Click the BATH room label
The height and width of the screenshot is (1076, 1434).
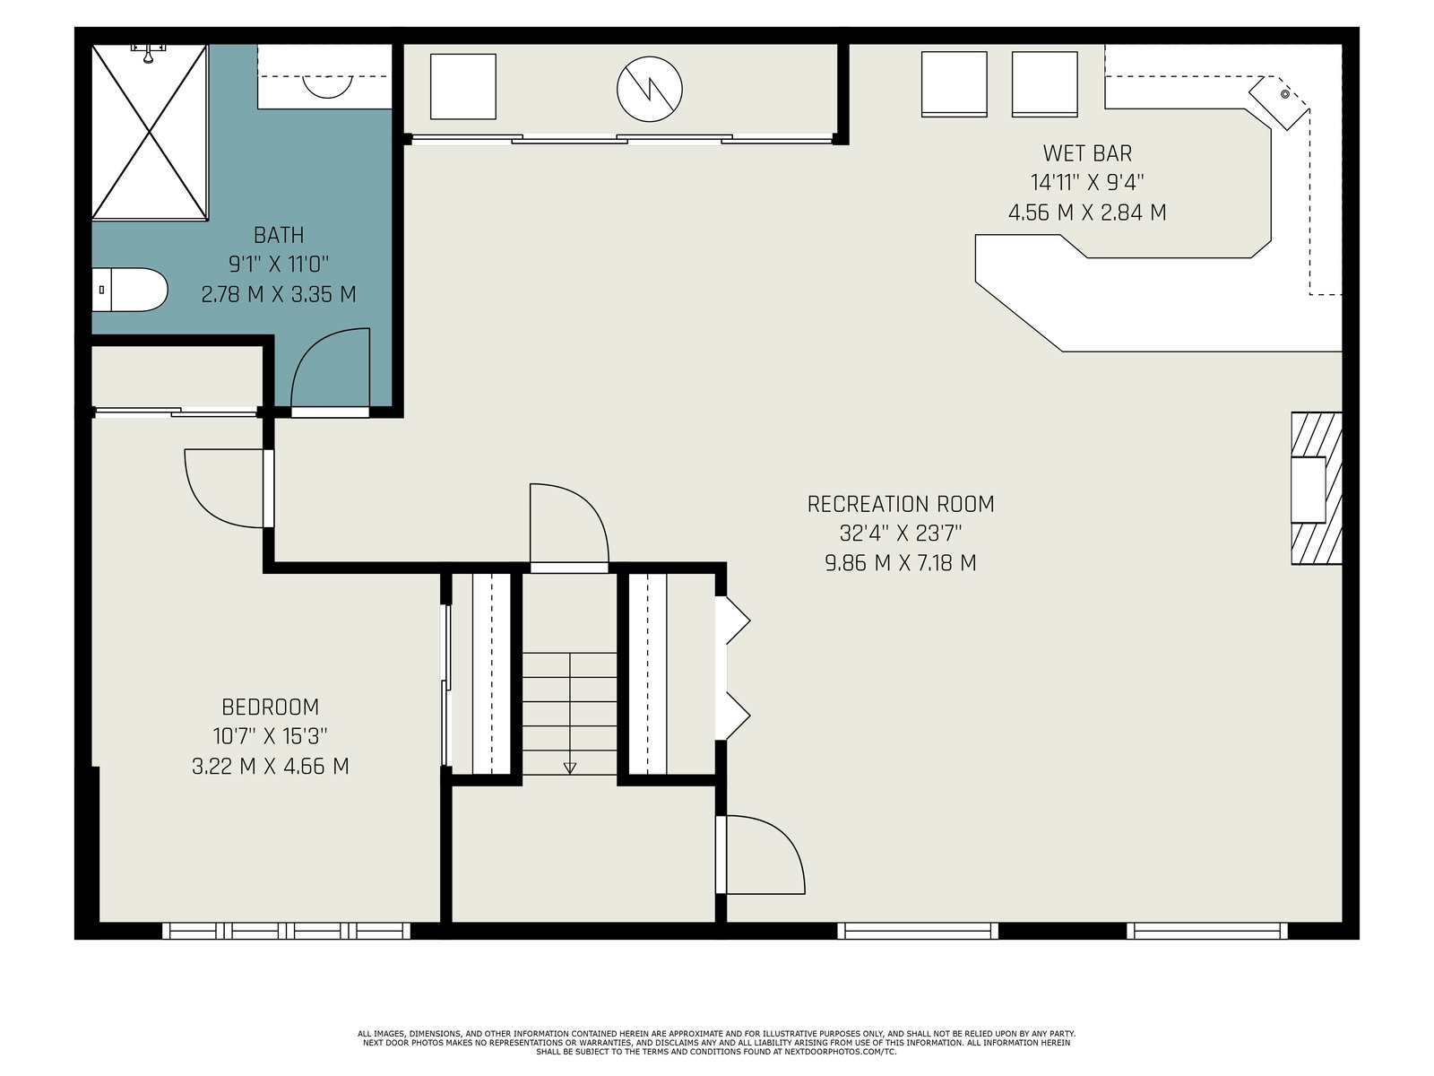pos(279,235)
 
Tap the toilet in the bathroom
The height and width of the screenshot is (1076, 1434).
pos(129,290)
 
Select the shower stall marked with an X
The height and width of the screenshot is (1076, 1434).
pos(150,132)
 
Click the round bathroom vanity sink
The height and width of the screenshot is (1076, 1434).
pos(327,86)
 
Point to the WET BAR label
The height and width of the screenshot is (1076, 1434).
pos(1087,153)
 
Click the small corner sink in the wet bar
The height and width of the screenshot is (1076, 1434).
pos(1285,95)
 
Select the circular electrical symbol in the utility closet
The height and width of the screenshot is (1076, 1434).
pos(650,89)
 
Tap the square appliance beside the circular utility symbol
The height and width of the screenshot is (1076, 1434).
pos(463,87)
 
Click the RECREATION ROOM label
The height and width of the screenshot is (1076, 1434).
pos(900,504)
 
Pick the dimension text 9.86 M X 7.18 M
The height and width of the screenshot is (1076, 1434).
pos(900,563)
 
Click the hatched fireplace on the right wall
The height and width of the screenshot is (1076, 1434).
pos(1317,488)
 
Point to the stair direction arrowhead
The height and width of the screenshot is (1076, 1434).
pos(570,768)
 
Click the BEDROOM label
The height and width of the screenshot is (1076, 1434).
pos(271,707)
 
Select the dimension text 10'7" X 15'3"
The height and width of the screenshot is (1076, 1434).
pos(270,736)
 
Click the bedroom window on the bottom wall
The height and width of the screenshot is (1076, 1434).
pos(286,931)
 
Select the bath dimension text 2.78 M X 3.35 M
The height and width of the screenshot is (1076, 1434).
pos(279,295)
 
